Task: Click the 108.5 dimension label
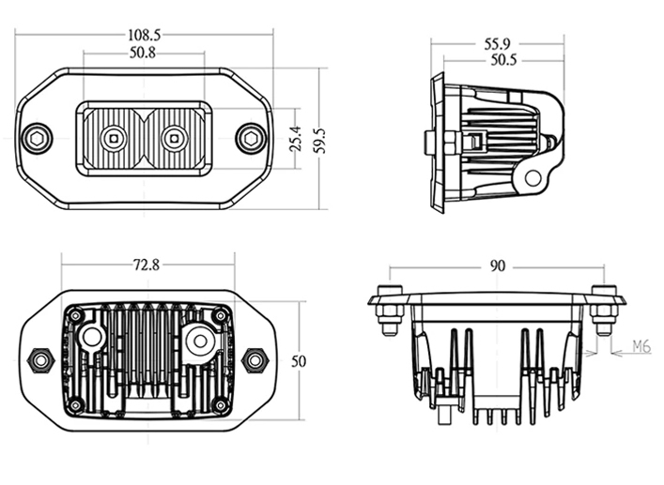[x=144, y=35]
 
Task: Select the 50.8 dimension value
[x=143, y=53]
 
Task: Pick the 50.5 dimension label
[x=504, y=60]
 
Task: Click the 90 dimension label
[x=497, y=265]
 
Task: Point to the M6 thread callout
[x=641, y=346]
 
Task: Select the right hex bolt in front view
[x=250, y=137]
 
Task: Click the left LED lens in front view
[x=113, y=137]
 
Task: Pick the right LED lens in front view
[x=173, y=137]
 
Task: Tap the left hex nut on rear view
[x=40, y=358]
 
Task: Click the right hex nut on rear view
[x=254, y=358]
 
